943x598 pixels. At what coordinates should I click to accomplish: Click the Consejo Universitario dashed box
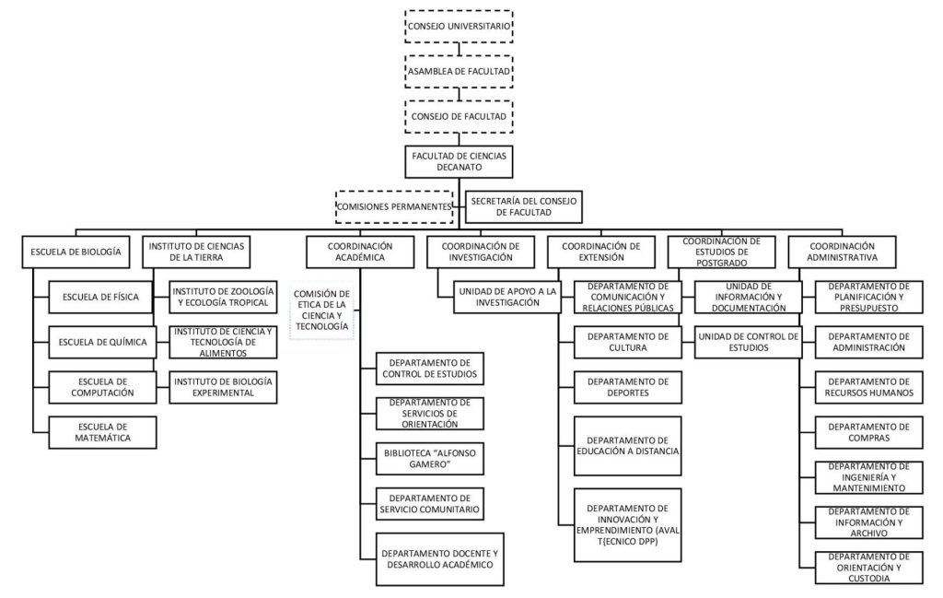pyautogui.click(x=459, y=27)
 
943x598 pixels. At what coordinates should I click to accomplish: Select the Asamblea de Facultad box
pyautogui.click(x=459, y=70)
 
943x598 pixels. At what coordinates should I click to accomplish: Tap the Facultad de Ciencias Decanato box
pyautogui.click(x=459, y=161)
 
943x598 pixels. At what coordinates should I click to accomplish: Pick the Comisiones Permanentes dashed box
pyautogui.click(x=395, y=206)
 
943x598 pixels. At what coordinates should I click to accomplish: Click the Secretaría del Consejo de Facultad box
pyautogui.click(x=523, y=206)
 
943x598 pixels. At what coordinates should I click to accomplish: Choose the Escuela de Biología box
pyautogui.click(x=76, y=252)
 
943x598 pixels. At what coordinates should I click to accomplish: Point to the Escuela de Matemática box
pyautogui.click(x=101, y=432)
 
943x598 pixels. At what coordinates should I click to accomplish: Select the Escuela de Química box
pyautogui.click(x=101, y=343)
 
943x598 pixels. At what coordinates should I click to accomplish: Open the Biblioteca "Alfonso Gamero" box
pyautogui.click(x=429, y=458)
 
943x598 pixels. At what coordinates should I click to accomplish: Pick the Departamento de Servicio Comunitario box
pyautogui.click(x=429, y=503)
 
